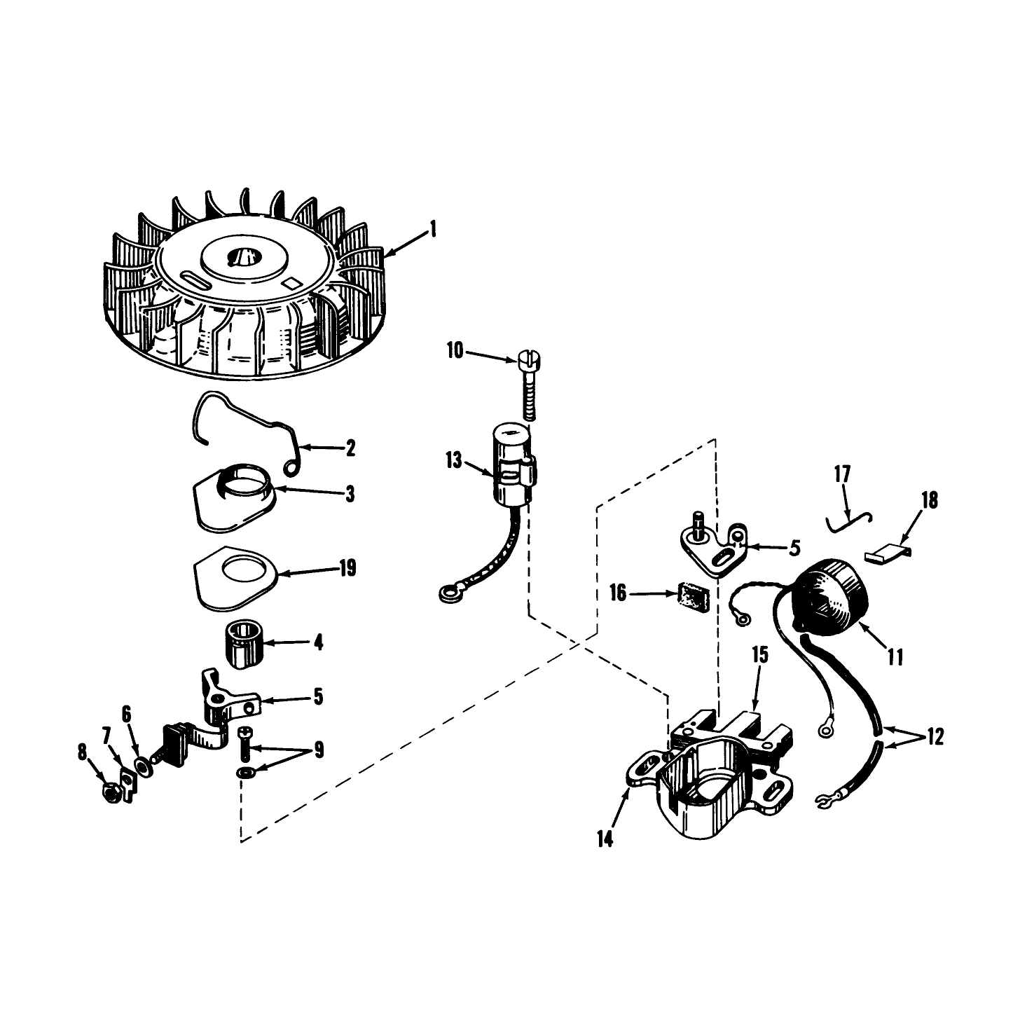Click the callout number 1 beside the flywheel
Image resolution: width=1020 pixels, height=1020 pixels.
click(x=433, y=229)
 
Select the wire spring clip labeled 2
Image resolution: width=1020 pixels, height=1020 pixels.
click(x=248, y=433)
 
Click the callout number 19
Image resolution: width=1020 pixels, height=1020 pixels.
click(x=347, y=568)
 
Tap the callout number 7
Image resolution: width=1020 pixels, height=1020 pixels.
click(x=106, y=735)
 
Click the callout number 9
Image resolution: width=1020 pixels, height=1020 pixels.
click(x=319, y=750)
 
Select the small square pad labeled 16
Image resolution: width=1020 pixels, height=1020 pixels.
click(x=692, y=597)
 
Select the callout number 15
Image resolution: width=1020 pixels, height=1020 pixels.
click(x=759, y=655)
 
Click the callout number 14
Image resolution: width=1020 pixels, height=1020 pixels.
click(x=605, y=839)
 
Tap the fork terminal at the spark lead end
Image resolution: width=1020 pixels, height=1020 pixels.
click(x=824, y=801)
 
